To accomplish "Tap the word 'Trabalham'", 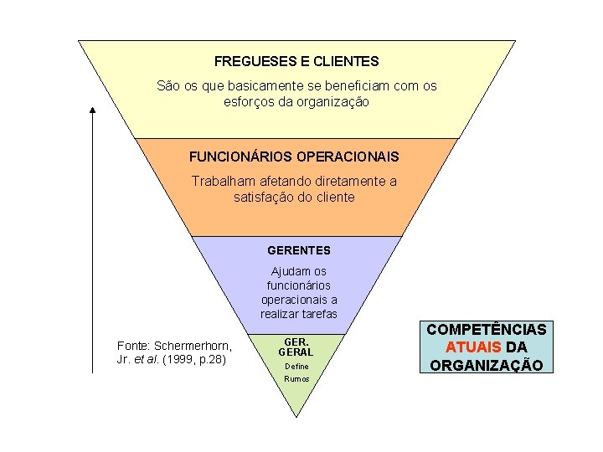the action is [221, 181].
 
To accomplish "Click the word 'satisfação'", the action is [265, 197].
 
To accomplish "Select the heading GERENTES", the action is [299, 250].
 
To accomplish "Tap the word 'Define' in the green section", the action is [297, 366].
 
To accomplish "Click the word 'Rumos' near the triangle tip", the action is [297, 378].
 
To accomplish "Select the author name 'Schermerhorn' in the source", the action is [193, 346].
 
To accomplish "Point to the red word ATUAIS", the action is [474, 347].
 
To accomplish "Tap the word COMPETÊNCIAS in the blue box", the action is [487, 330].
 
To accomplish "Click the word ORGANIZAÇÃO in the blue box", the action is [487, 365].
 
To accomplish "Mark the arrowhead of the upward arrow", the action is [92, 111].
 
